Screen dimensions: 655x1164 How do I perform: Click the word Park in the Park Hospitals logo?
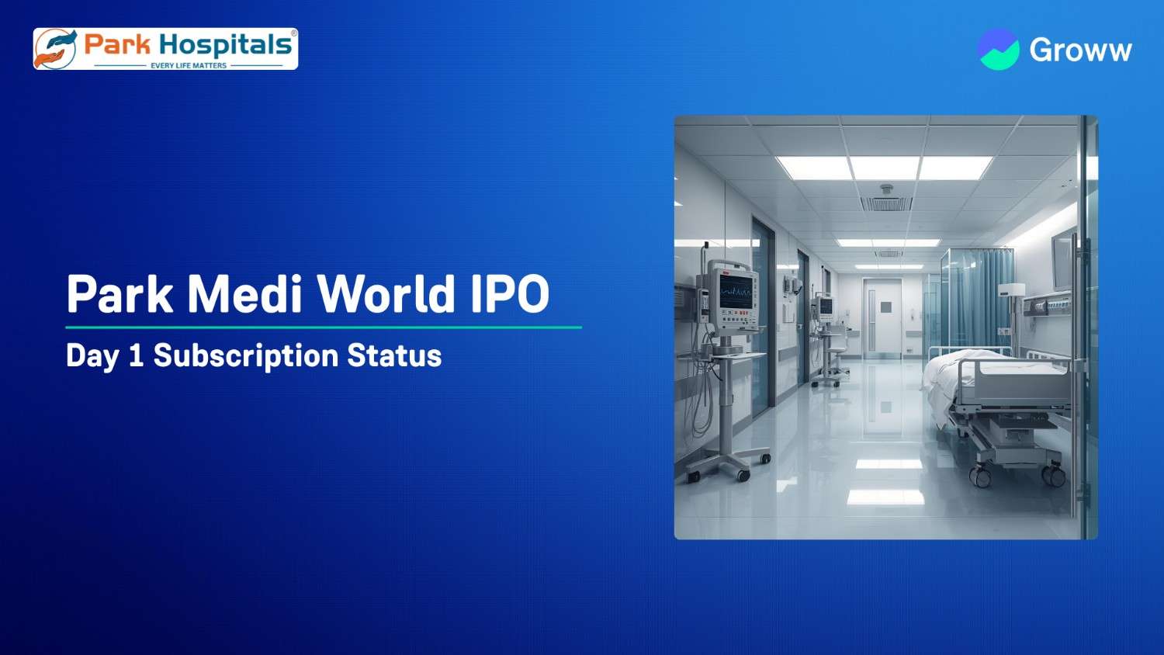tap(117, 45)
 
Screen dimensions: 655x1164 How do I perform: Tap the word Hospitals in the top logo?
tap(226, 45)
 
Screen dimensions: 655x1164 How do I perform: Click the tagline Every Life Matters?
tap(189, 66)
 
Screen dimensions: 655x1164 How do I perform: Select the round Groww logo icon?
tap(998, 50)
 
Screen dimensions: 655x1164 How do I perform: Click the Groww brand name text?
tap(1080, 50)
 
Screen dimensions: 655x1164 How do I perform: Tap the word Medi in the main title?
tap(244, 294)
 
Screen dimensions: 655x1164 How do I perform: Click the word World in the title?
tap(386, 294)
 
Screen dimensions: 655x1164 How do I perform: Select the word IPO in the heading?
tap(510, 294)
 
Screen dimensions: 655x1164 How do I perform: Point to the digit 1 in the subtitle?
tap(136, 356)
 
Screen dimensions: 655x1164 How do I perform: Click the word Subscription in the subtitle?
tap(245, 356)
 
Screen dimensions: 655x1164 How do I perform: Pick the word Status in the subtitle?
tap(394, 356)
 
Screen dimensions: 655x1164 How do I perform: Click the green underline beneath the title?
tap(324, 327)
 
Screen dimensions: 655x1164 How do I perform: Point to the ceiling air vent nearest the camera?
tap(886, 204)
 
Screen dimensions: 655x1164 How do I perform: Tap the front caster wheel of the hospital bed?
tap(980, 477)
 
